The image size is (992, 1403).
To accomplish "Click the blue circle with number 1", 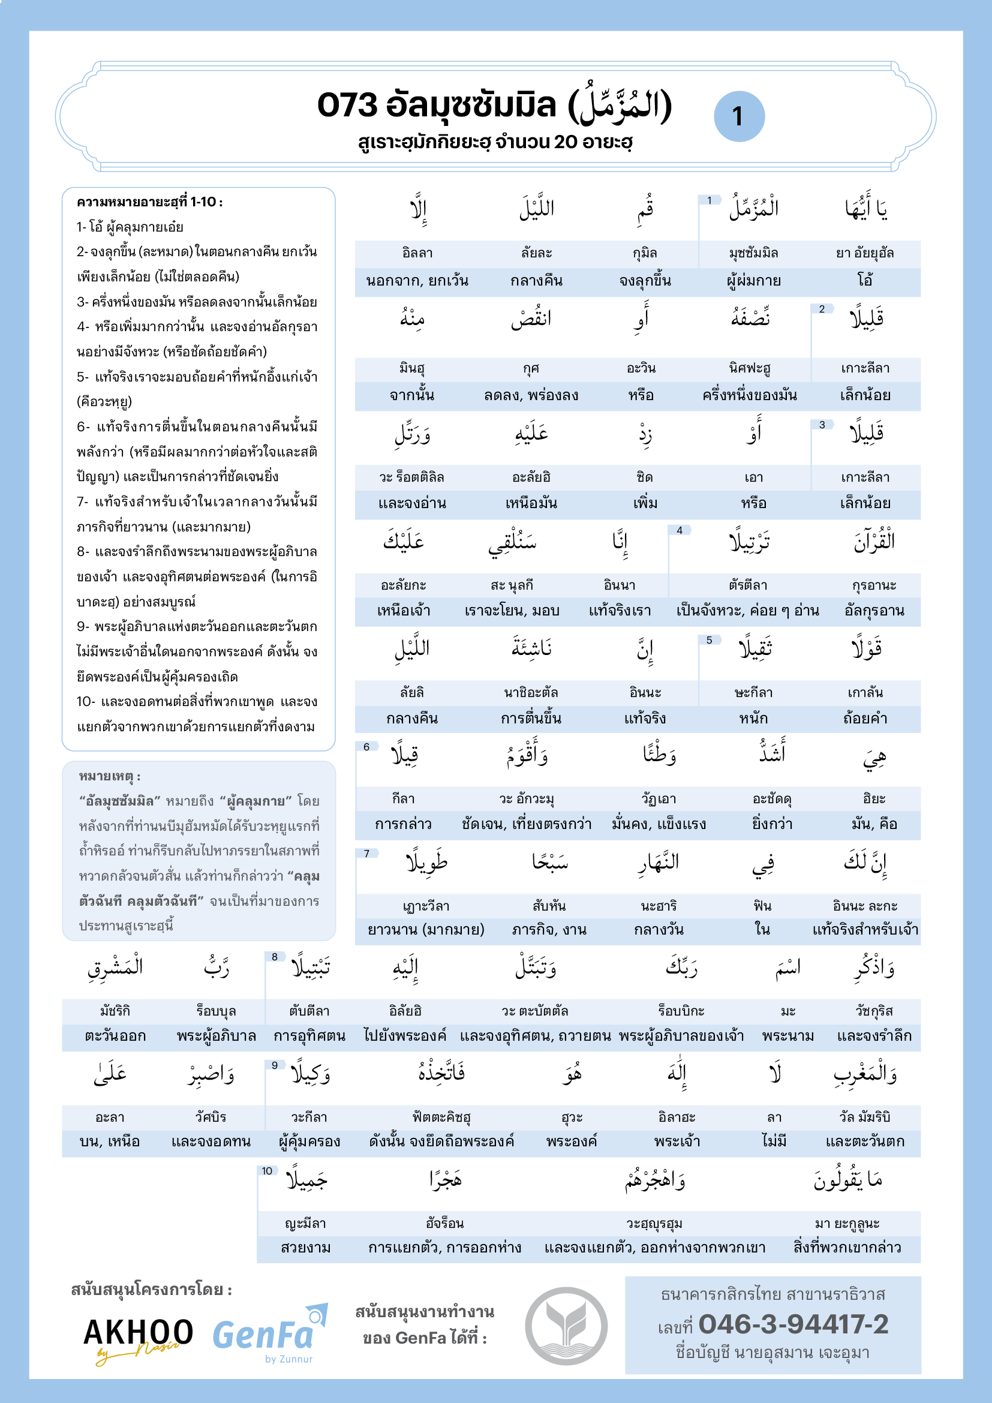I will [x=738, y=116].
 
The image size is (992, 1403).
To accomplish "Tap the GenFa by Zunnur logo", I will [x=269, y=1336].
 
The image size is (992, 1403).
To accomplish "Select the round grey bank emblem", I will [x=566, y=1326].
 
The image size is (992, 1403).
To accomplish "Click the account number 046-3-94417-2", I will [x=793, y=1324].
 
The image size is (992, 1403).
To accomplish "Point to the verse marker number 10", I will [x=267, y=1171].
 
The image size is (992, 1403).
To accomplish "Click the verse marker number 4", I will [x=680, y=530].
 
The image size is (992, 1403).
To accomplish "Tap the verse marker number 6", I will [x=366, y=747].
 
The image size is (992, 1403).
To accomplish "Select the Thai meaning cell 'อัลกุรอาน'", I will [x=874, y=611].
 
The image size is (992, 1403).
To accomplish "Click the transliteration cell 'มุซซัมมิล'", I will [x=753, y=253].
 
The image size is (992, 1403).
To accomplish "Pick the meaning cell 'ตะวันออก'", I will [x=115, y=1037].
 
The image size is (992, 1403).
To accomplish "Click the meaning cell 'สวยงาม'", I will [x=305, y=1247].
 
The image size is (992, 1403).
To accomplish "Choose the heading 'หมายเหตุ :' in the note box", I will [x=110, y=777].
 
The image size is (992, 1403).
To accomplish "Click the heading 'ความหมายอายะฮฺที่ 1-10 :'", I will [x=150, y=202].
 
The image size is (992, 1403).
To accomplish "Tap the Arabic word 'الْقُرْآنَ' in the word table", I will [x=874, y=542].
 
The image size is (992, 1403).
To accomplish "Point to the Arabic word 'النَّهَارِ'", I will [x=659, y=862].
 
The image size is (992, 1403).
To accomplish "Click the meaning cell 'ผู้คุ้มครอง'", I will [x=309, y=1141].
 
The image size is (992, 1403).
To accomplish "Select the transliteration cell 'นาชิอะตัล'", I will [x=531, y=692].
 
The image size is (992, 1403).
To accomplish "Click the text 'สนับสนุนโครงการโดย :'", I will [x=152, y=1290].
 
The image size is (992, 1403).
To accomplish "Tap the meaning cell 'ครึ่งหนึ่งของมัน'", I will [x=750, y=395].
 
